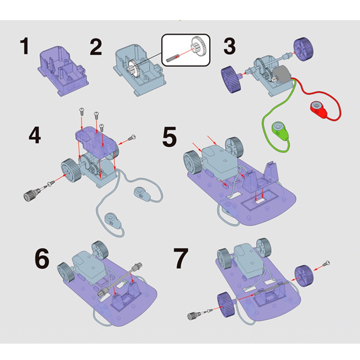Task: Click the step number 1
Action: (x=24, y=46)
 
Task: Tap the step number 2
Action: (x=96, y=47)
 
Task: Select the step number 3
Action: (x=229, y=46)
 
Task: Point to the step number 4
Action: (x=35, y=135)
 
